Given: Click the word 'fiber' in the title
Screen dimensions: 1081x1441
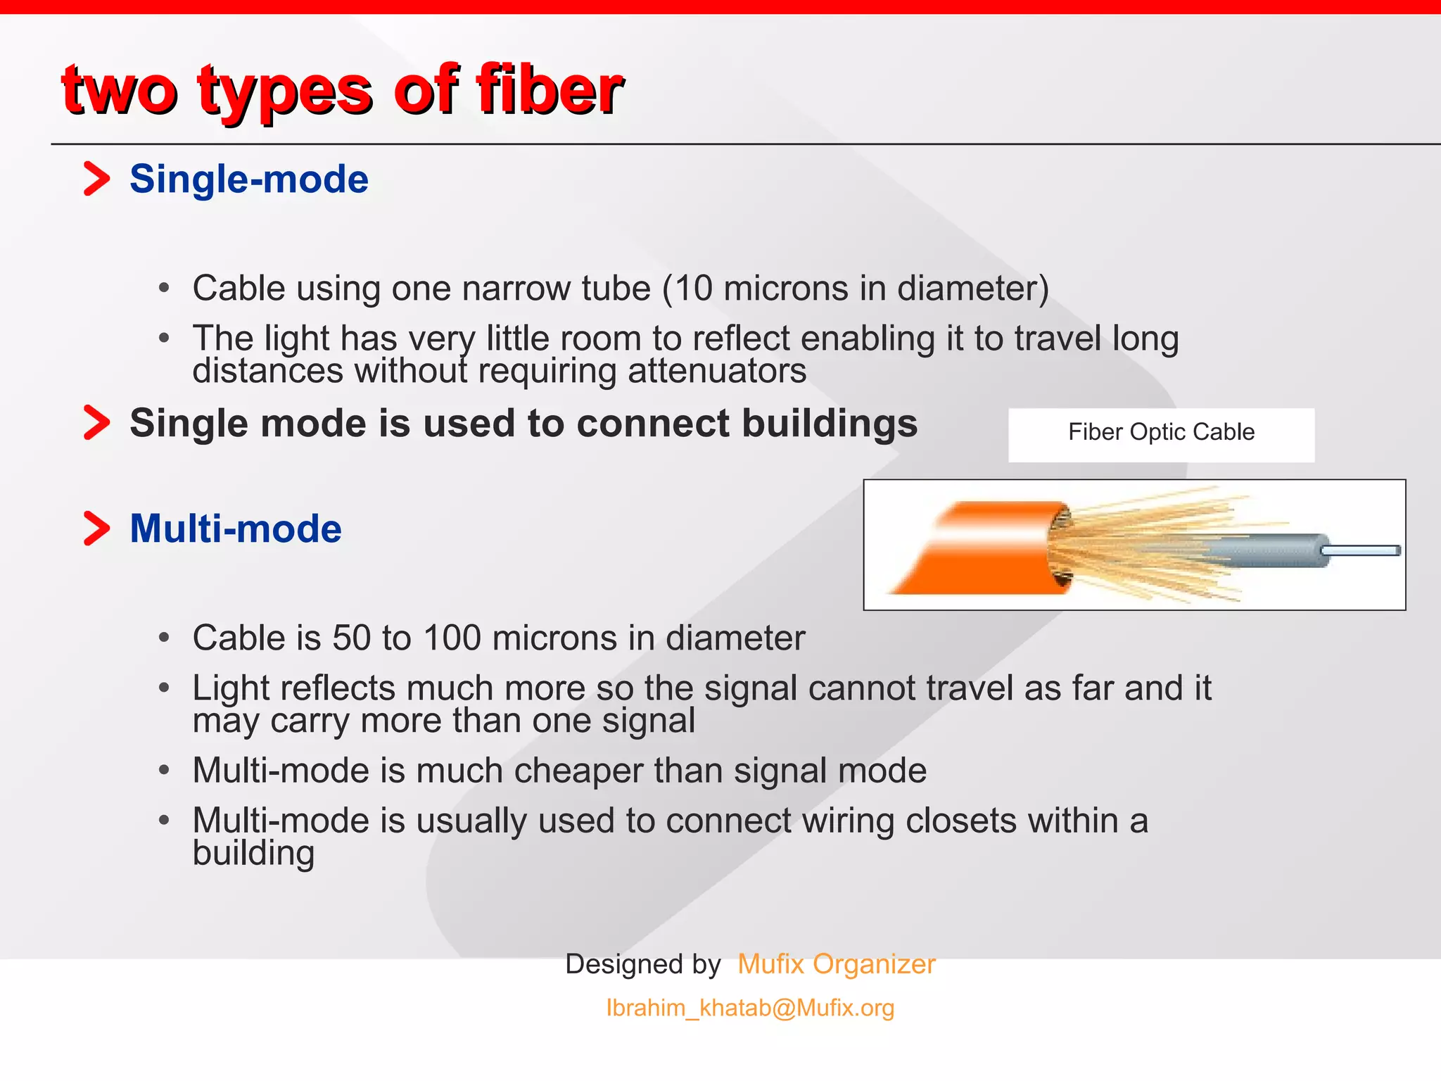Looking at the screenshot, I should click(x=549, y=90).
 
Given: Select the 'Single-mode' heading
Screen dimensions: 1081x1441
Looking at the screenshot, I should click(x=248, y=179).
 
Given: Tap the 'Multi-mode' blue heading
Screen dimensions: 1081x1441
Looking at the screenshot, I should click(x=235, y=529).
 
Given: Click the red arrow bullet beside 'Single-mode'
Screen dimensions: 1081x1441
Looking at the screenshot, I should click(x=97, y=179).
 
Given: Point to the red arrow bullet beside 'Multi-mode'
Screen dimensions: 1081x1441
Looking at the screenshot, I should click(x=97, y=529).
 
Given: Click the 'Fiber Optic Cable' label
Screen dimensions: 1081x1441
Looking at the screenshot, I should click(x=1161, y=432).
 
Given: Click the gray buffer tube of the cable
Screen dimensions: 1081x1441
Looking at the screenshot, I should click(x=1274, y=551).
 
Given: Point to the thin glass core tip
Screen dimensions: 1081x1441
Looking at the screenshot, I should click(x=1365, y=551).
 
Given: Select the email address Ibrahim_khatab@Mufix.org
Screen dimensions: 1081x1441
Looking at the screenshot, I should click(x=750, y=1008).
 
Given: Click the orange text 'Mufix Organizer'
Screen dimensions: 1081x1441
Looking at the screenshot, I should click(x=836, y=964).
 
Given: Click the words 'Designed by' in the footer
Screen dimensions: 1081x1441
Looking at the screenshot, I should click(x=642, y=964).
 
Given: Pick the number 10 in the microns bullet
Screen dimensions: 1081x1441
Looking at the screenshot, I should click(x=693, y=289).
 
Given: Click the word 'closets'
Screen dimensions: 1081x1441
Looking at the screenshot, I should click(x=960, y=821).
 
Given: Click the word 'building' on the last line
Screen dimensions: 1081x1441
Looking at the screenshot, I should click(x=253, y=854).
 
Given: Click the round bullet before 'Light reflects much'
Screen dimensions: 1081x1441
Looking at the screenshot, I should click(x=164, y=688).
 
